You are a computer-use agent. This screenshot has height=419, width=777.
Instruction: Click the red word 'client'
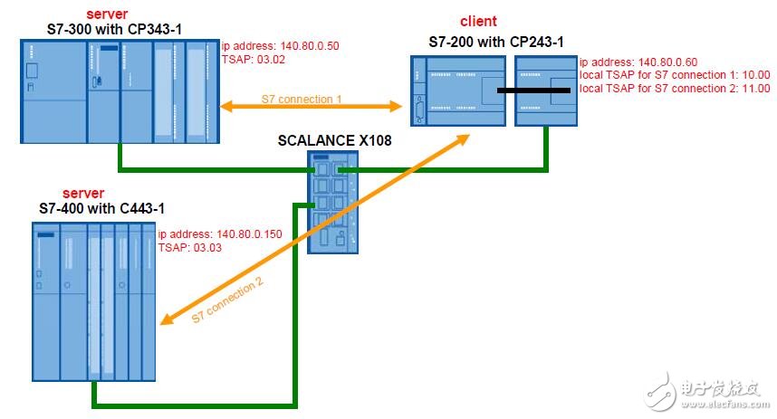(x=478, y=22)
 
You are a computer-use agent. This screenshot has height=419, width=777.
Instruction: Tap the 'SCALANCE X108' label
(x=334, y=140)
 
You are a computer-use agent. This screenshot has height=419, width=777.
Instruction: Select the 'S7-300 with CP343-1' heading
(x=114, y=29)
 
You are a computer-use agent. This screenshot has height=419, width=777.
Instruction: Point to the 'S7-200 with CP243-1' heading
(x=496, y=43)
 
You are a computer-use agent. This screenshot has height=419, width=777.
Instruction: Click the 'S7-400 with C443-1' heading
(x=101, y=208)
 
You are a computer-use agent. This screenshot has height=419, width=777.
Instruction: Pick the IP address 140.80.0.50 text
(x=281, y=46)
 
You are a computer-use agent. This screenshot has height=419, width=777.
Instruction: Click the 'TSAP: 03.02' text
(x=254, y=60)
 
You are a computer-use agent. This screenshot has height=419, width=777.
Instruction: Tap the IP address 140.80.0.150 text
(x=220, y=233)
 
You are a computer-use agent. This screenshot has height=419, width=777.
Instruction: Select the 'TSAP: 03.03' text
(x=190, y=248)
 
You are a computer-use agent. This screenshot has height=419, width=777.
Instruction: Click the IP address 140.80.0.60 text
(x=638, y=62)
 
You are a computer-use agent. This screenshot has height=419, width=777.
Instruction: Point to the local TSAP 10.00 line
(x=675, y=75)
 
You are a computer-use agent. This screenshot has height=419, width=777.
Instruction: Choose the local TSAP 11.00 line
(x=675, y=89)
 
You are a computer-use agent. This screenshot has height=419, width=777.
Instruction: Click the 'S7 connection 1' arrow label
(x=302, y=99)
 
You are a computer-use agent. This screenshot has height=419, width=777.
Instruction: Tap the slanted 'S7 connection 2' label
(x=227, y=300)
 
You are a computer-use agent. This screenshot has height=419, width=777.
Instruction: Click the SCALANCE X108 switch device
(x=332, y=202)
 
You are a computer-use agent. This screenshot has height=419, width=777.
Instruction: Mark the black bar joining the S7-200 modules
(x=533, y=90)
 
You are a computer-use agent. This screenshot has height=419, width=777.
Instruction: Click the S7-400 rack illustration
(x=93, y=301)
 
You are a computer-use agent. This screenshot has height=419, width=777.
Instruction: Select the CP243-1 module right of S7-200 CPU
(x=546, y=90)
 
